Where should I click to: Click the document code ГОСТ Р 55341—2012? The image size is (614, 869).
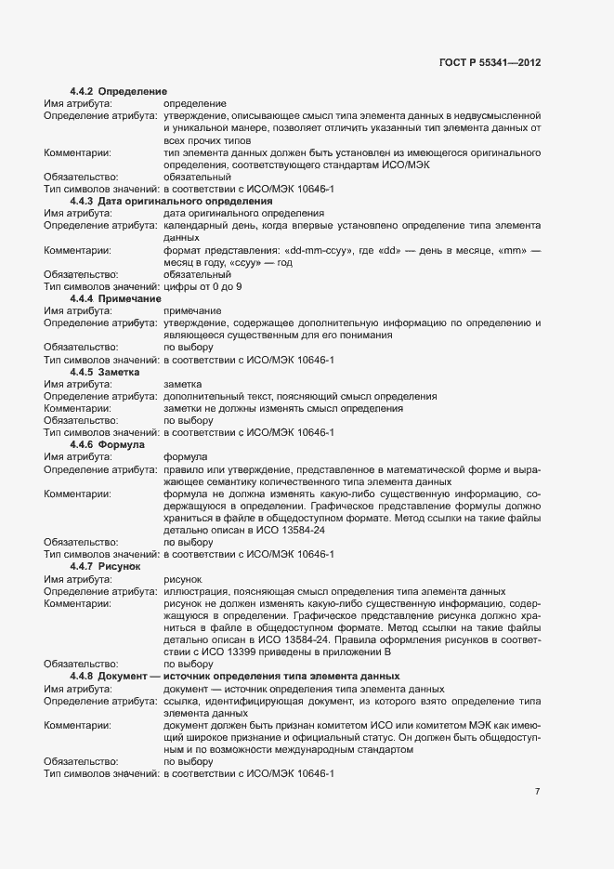pyautogui.click(x=489, y=62)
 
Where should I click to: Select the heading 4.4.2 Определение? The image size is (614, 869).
pyautogui.click(x=118, y=91)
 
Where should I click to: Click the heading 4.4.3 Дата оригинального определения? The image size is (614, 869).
pyautogui.click(x=170, y=201)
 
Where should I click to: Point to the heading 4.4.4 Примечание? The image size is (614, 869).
pyautogui.click(x=115, y=298)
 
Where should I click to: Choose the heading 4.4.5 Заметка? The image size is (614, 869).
pyautogui.click(x=104, y=372)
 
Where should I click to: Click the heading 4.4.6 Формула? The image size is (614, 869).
pyautogui.click(x=107, y=445)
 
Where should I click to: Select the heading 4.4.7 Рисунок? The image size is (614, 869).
pyautogui.click(x=105, y=566)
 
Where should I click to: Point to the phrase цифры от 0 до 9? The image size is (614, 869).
pyautogui.click(x=202, y=286)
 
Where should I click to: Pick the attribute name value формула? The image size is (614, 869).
pyautogui.click(x=187, y=457)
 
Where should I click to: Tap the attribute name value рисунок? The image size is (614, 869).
pyautogui.click(x=183, y=578)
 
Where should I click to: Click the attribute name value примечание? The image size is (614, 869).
pyautogui.click(x=192, y=310)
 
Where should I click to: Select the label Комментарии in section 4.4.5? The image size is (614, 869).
pyautogui.click(x=77, y=408)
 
